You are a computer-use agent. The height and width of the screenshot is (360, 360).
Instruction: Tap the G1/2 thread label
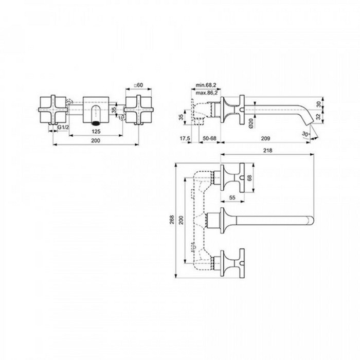coord(63,127)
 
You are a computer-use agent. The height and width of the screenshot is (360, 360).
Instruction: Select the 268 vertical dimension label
coord(173,219)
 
